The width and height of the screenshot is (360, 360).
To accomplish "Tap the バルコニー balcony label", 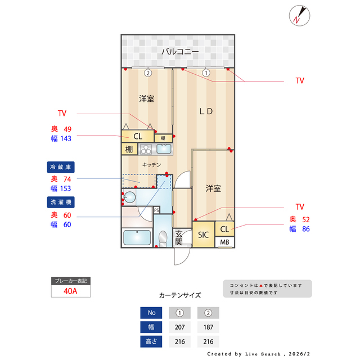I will point(179,52).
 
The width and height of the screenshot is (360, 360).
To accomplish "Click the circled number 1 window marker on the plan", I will point(206,73).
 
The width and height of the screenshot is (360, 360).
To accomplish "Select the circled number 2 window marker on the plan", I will point(147,73).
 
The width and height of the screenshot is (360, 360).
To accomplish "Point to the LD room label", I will point(206,111).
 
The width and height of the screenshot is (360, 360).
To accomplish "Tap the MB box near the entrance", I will point(224,242).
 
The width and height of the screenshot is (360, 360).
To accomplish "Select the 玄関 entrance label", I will point(179,237).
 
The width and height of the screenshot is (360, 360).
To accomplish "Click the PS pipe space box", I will point(156,210).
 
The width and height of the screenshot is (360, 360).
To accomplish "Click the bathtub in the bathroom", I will point(137,238).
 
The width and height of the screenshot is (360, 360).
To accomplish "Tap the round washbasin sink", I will point(130,197).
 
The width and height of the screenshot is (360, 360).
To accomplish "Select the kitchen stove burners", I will point(146,150).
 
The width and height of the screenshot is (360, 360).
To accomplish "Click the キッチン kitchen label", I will point(152,165).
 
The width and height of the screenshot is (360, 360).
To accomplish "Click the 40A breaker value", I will point(70,291).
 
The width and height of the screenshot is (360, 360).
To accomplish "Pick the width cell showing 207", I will point(179,327).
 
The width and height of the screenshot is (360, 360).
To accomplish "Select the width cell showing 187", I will point(208,327).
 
